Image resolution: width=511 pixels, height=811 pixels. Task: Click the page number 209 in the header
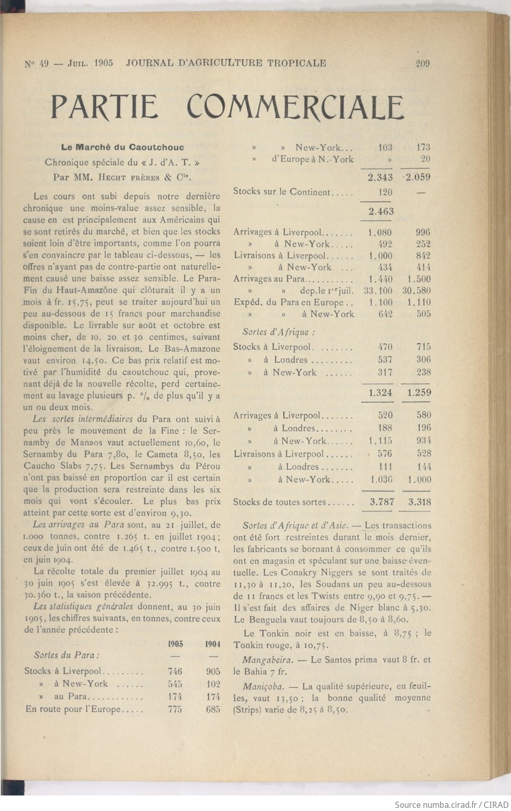click(422, 64)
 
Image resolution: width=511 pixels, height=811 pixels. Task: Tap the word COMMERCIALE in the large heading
click(295, 107)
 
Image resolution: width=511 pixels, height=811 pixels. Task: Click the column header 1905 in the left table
click(176, 644)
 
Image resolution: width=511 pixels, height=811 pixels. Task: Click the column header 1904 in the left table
click(213, 644)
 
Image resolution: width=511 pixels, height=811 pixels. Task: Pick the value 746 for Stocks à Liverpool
click(175, 671)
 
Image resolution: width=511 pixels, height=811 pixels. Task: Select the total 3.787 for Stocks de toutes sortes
click(381, 501)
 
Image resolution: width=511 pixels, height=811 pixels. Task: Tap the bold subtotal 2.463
click(381, 211)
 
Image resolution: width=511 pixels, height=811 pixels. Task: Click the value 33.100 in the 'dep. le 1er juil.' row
click(378, 291)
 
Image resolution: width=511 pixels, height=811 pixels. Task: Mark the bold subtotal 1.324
click(381, 393)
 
